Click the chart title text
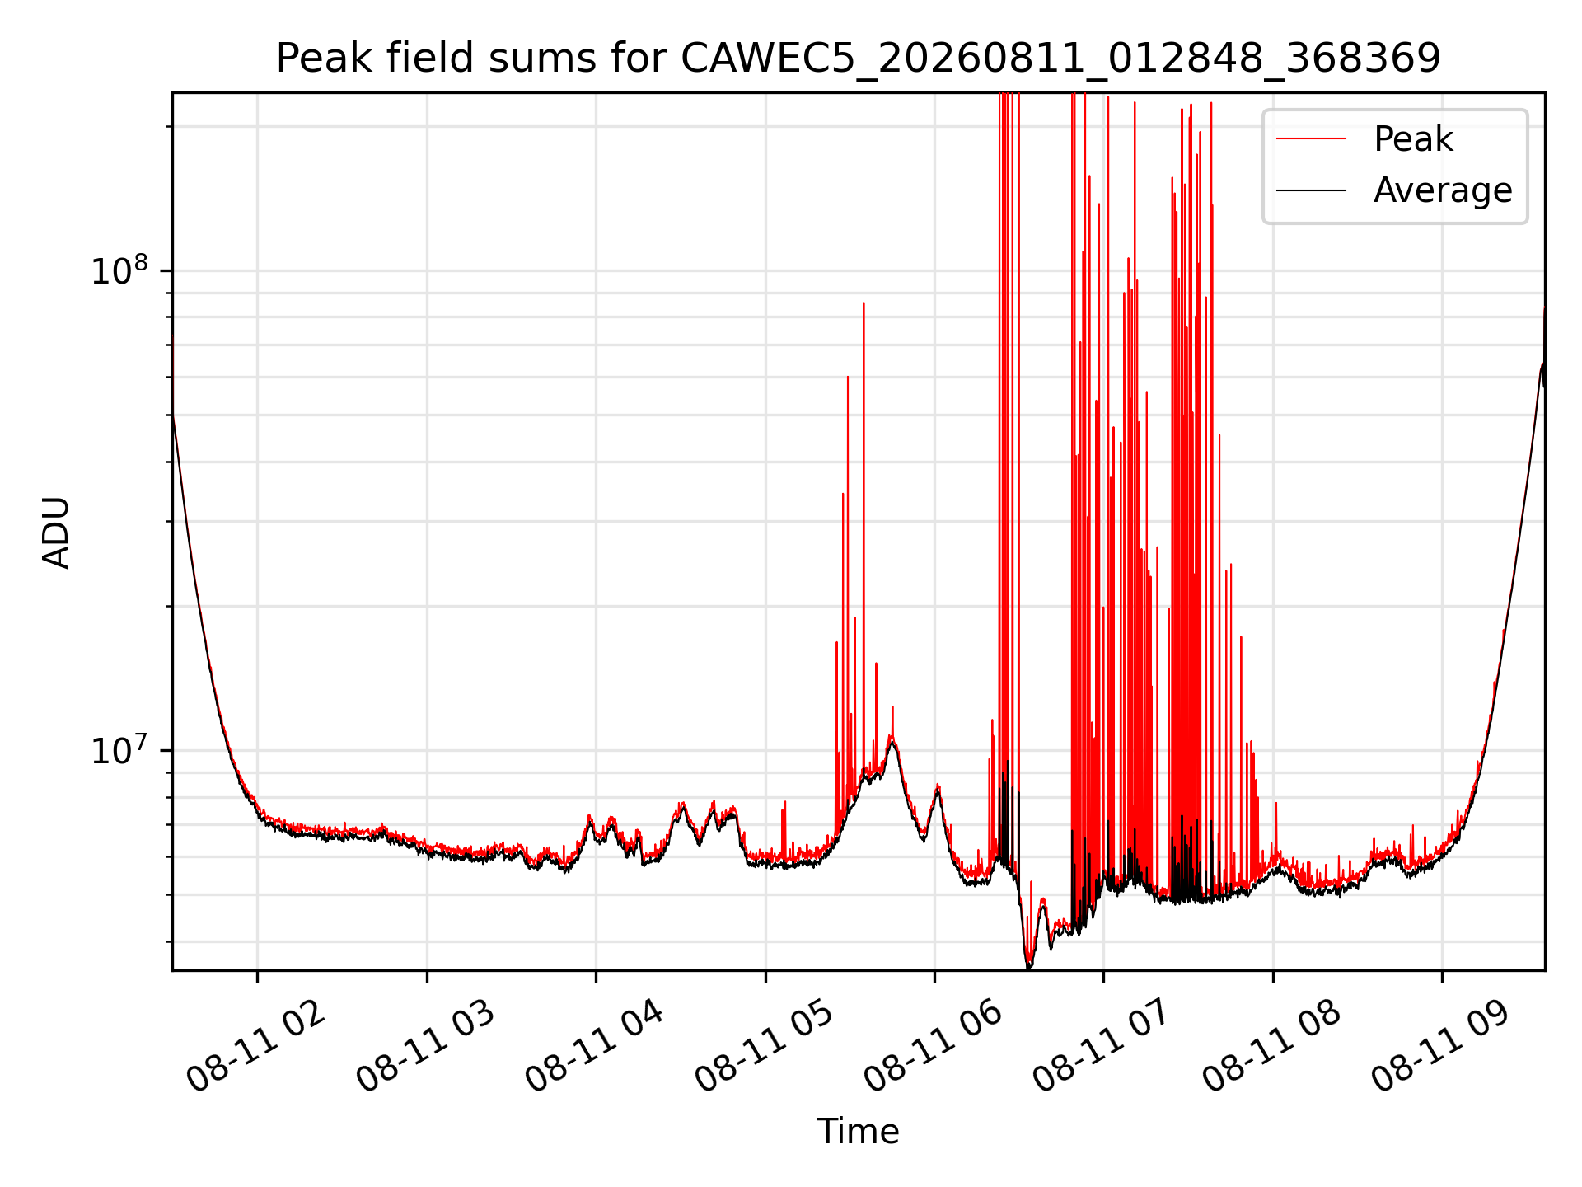[x=858, y=59]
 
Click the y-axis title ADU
[x=56, y=533]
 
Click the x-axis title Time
[x=858, y=1131]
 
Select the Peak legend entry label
[x=1413, y=139]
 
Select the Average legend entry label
[x=1443, y=190]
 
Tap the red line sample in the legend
[x=1311, y=139]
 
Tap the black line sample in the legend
[x=1311, y=190]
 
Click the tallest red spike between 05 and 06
[x=864, y=303]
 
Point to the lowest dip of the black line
[x=1027, y=967]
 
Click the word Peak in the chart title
[x=323, y=59]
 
